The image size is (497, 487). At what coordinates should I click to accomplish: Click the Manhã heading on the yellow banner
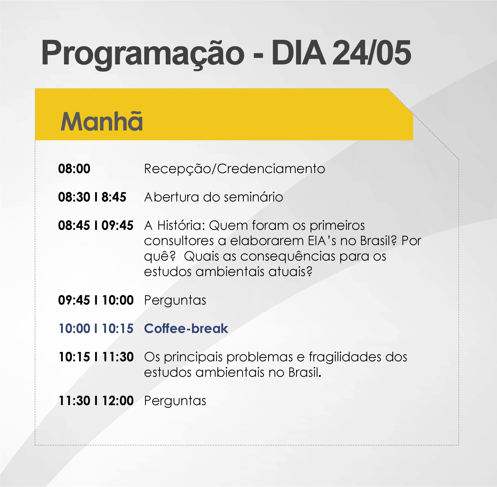(101, 121)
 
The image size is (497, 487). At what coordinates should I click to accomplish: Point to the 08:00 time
(74, 169)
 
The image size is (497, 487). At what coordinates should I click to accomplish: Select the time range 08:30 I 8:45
(92, 197)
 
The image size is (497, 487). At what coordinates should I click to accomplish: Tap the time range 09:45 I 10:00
(96, 300)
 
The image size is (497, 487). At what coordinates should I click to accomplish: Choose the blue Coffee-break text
(186, 328)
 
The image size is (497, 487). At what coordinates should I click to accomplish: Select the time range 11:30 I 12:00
(96, 401)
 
